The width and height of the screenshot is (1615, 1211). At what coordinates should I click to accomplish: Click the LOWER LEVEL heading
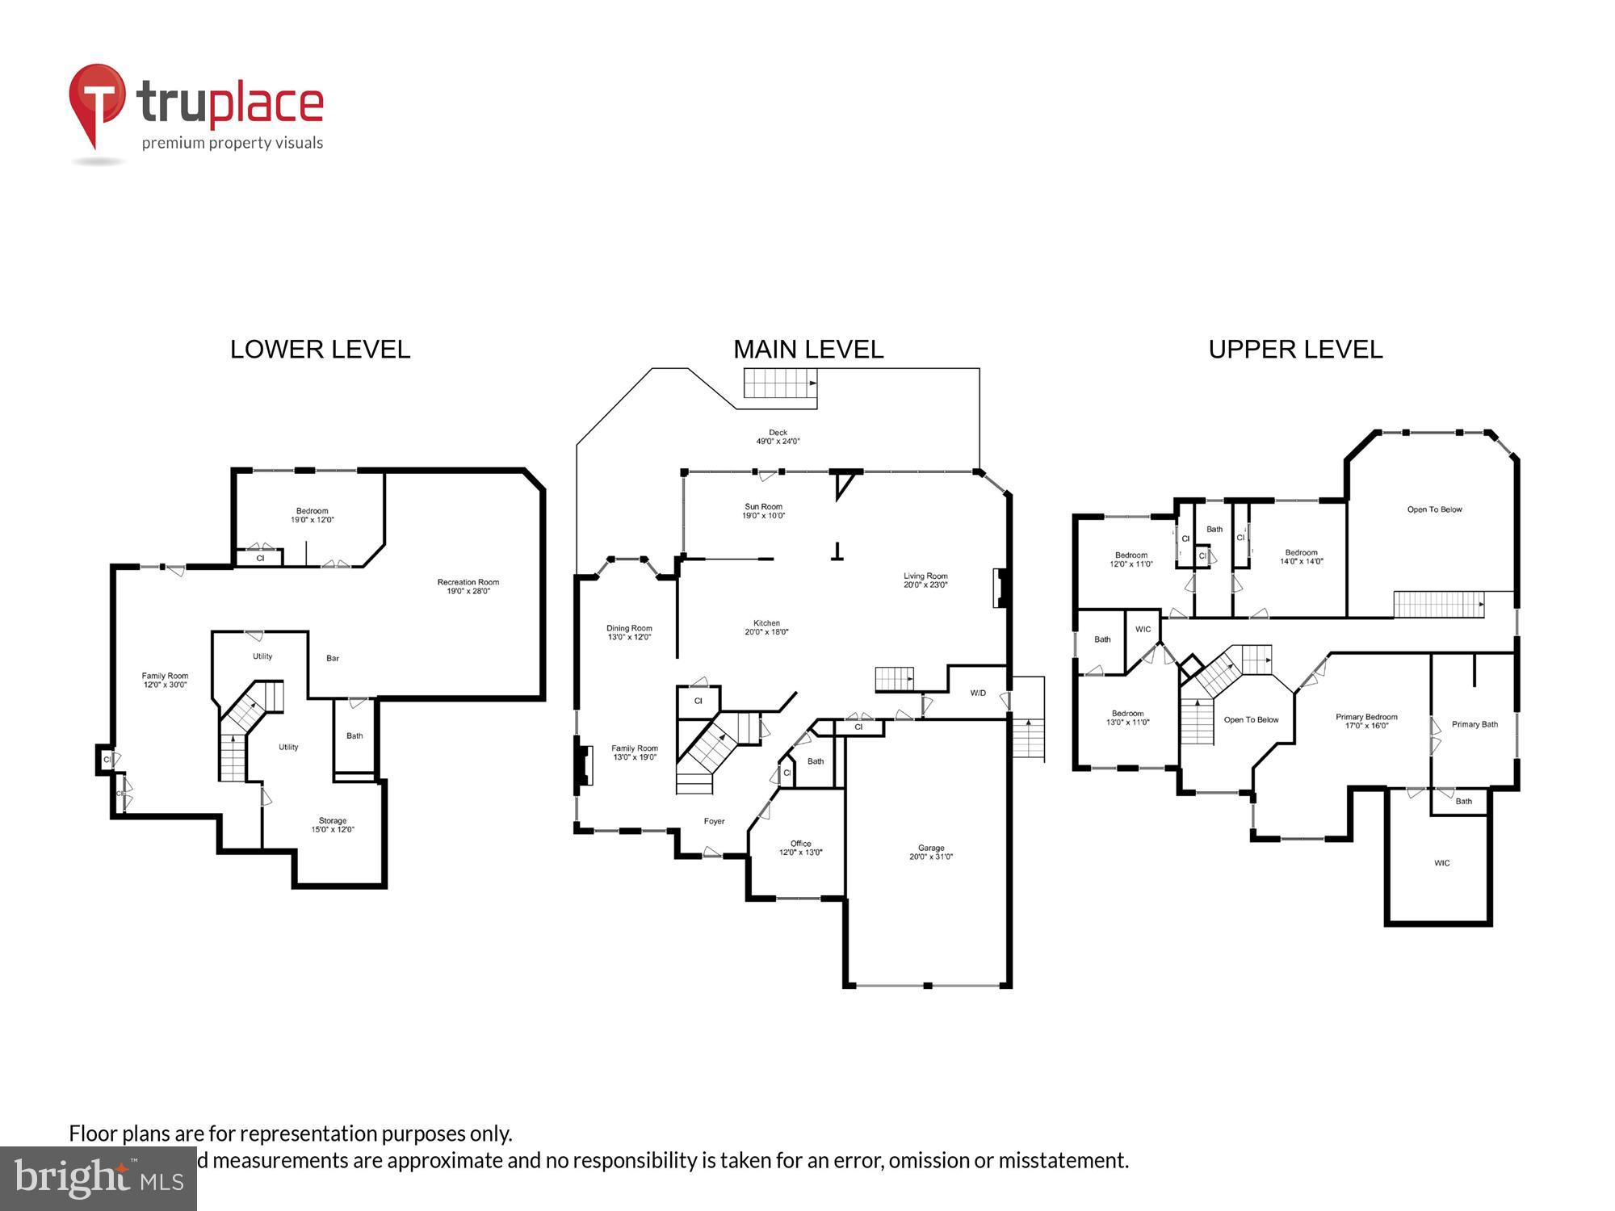320,350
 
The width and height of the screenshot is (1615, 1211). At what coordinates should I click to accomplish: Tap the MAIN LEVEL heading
808,350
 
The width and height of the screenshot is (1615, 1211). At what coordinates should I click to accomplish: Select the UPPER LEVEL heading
1295,350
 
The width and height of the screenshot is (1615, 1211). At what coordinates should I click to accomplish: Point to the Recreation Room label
468,586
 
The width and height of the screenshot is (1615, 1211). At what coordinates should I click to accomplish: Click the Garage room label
931,852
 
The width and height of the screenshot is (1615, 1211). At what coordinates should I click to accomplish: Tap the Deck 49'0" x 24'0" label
778,437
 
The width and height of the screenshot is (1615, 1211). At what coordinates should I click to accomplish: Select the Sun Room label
763,511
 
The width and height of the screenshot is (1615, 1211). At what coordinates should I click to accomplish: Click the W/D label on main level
978,693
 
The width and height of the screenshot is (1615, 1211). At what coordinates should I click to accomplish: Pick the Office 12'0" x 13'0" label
800,848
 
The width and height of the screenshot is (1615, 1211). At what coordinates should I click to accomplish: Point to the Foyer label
714,821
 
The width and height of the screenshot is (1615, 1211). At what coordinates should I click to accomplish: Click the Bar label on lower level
333,658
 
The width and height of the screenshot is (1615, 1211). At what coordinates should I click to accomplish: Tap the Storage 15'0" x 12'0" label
333,824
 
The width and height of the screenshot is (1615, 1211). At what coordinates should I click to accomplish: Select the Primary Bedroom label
1366,721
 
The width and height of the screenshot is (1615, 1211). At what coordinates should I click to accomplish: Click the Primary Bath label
1474,724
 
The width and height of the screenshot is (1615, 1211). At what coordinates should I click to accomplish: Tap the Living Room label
925,580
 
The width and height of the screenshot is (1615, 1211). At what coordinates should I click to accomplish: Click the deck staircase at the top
780,383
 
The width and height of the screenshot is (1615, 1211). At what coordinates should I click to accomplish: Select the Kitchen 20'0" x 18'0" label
766,627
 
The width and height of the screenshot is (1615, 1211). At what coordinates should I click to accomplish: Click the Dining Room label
629,632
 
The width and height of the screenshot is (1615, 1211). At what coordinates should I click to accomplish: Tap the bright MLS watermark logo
99,1179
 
